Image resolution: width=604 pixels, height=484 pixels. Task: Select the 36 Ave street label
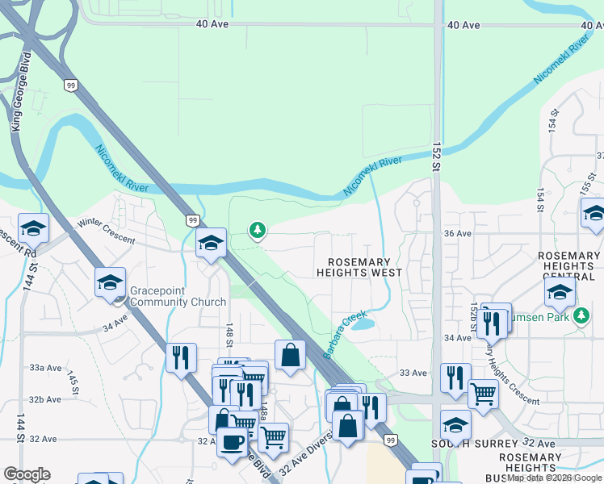click(457, 233)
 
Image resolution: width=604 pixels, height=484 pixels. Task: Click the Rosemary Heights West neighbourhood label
click(359, 268)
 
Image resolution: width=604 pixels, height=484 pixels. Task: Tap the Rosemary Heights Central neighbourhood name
click(569, 266)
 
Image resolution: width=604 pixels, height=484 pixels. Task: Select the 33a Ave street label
click(45, 367)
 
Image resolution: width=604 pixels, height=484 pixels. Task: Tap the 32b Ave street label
click(45, 399)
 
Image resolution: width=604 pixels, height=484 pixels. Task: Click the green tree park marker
click(258, 232)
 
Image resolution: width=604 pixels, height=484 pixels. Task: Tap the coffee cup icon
click(233, 443)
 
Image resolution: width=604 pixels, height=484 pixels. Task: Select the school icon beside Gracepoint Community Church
click(110, 282)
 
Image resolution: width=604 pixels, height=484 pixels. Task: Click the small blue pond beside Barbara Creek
click(363, 324)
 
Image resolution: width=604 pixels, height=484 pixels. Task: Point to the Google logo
click(26, 474)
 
